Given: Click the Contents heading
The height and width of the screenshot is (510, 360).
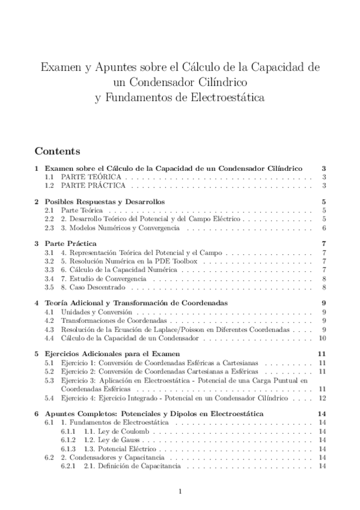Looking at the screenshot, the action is (59, 150).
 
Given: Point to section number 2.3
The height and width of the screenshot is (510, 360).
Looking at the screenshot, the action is (50, 228).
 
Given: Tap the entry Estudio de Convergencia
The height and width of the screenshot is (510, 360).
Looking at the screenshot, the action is (99, 279).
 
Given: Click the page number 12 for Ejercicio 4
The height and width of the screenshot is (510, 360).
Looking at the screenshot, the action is (322, 398).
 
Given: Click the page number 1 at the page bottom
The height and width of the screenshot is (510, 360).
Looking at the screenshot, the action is (180, 491).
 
